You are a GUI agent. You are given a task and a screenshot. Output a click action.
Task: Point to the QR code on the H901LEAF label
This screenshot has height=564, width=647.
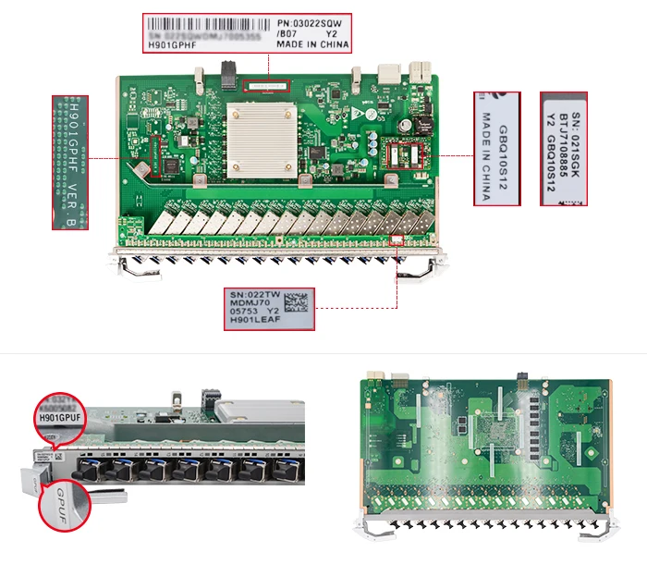294,301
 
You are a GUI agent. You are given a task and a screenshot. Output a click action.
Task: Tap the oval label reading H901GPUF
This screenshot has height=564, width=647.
60,418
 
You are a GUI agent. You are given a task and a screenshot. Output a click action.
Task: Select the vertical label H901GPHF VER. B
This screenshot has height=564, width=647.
71,160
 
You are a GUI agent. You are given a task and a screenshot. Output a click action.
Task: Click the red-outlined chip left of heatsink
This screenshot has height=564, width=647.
150,158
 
